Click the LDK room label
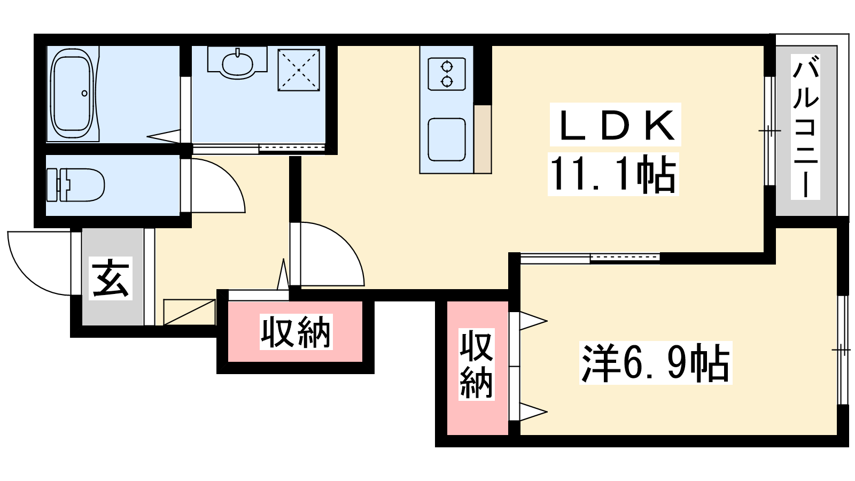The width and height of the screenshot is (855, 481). [x=615, y=125]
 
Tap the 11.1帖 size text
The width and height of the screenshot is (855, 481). [x=613, y=174]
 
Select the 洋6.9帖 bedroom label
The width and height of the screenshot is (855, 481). [x=655, y=363]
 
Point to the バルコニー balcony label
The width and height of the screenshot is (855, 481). [x=805, y=127]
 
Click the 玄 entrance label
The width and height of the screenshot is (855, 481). [x=111, y=278]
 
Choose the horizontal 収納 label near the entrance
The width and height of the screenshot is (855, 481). [x=296, y=332]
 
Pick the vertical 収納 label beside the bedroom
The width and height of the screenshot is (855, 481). [x=476, y=364]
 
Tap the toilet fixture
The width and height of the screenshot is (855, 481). [x=75, y=185]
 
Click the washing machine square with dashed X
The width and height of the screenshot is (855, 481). [x=299, y=70]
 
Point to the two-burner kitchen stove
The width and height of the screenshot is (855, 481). [x=447, y=74]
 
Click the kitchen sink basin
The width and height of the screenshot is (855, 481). [x=447, y=139]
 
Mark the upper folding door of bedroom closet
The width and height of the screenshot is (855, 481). [x=533, y=321]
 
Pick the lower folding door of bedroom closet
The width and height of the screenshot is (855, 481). [x=533, y=412]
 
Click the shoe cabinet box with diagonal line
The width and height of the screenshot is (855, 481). [x=189, y=312]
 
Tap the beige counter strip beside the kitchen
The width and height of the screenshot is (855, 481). [x=483, y=139]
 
